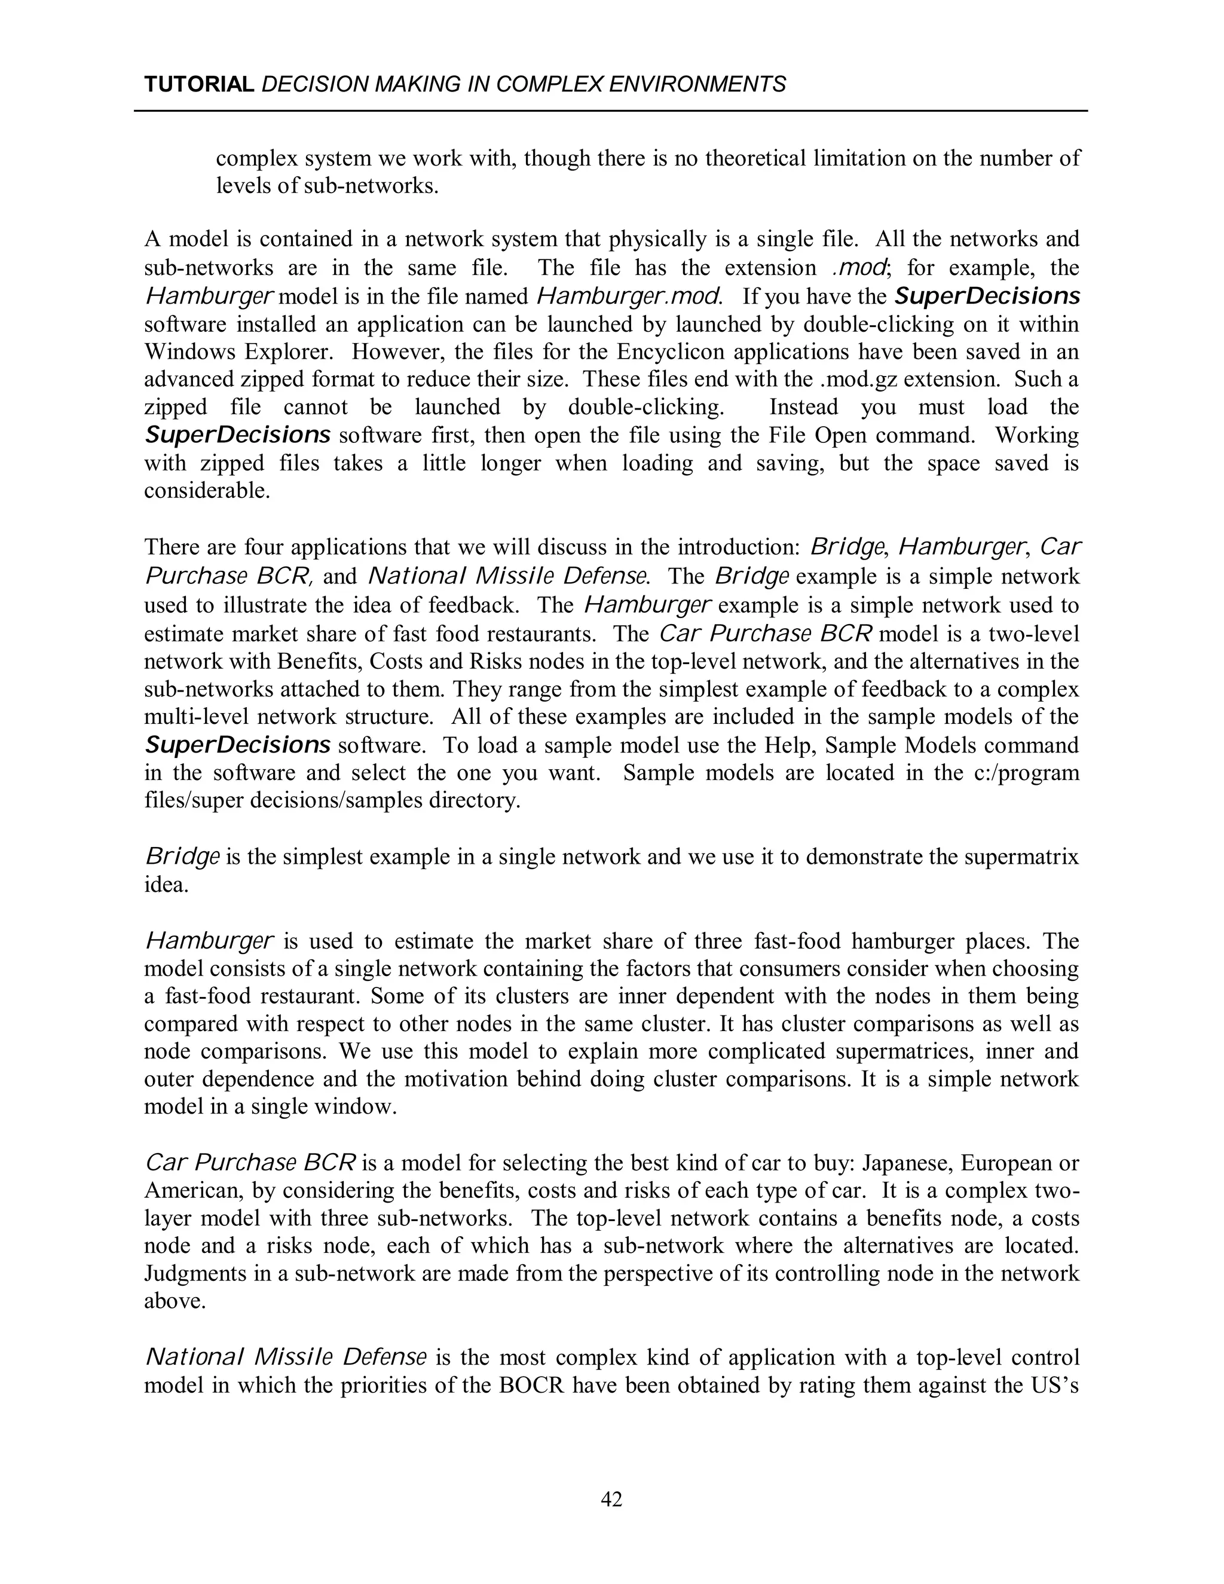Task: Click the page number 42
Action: coord(611,1499)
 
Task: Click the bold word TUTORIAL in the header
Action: coord(198,85)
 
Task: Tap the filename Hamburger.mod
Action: coord(629,296)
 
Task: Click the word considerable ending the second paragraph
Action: coord(206,491)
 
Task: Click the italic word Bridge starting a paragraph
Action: coord(182,857)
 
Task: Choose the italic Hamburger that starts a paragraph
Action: coord(210,941)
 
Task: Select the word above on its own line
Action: coord(174,1301)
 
